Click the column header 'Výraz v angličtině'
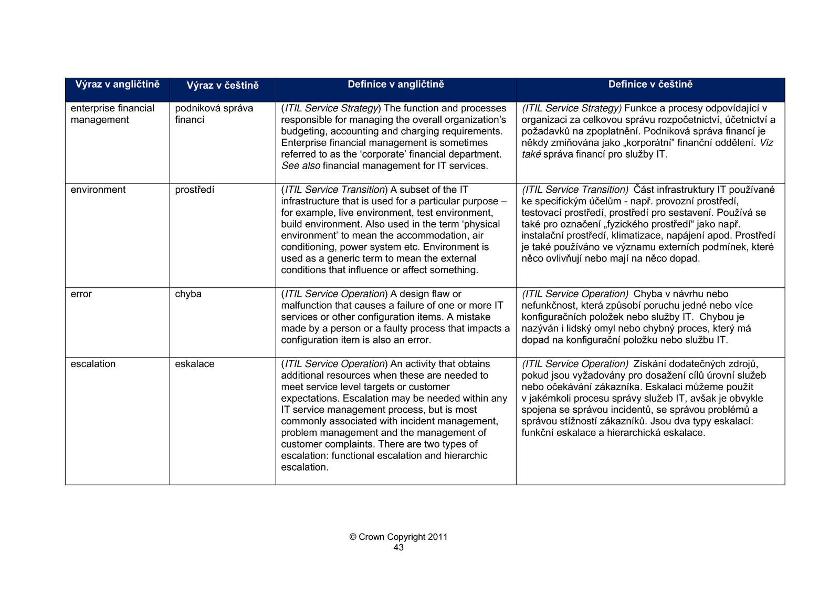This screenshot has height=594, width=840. (117, 85)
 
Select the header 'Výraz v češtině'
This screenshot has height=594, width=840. (223, 86)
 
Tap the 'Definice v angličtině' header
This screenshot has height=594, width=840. (396, 85)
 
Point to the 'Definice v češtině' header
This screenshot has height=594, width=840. (650, 85)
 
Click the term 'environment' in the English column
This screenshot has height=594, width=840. (98, 190)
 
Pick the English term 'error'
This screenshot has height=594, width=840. (81, 294)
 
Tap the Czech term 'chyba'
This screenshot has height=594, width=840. (188, 294)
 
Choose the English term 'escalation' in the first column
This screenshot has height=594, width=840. (93, 364)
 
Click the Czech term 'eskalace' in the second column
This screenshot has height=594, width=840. (195, 364)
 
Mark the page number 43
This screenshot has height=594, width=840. (398, 548)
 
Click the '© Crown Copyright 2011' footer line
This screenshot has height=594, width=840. (398, 537)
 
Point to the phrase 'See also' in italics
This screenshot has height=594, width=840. (301, 166)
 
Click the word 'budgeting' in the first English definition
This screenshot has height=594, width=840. (303, 131)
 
